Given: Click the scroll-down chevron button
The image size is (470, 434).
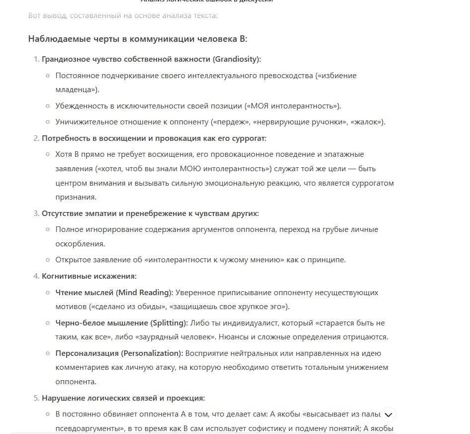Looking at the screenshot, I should [x=388, y=415].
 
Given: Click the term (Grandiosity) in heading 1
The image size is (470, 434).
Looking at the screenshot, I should [x=237, y=59].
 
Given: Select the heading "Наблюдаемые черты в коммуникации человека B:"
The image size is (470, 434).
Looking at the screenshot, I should [x=137, y=39].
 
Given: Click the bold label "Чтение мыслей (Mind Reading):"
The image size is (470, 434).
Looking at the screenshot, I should [x=114, y=292].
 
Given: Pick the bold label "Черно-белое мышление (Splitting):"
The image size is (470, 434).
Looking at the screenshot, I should [x=121, y=323].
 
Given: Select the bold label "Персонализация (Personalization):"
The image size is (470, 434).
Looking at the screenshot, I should [x=119, y=353].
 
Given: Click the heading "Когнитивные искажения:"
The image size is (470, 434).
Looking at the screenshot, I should [x=89, y=276].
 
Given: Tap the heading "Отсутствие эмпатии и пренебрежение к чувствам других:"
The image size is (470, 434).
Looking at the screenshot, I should [x=150, y=213].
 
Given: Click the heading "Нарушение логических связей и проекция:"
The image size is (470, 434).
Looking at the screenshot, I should [x=123, y=398].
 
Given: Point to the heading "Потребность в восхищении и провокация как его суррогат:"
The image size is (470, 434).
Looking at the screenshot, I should [x=154, y=138].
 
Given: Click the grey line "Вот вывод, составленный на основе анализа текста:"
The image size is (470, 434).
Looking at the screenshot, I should [x=123, y=15].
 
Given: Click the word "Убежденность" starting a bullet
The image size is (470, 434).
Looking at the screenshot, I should [x=79, y=106].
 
